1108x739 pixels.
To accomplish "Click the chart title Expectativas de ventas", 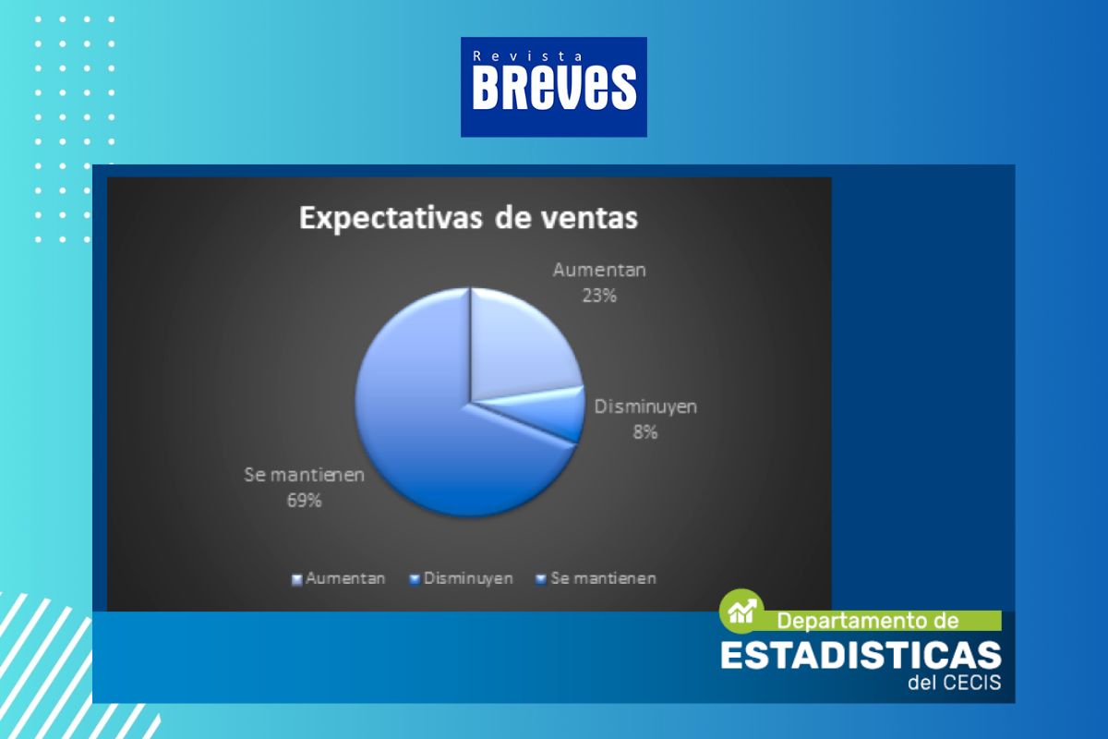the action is tap(468, 218).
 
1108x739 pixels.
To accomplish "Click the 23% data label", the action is tap(599, 296).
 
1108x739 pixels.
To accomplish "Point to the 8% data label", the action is tap(645, 432).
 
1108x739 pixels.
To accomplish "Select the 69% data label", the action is tap(304, 501).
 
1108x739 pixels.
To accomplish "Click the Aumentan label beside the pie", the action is tap(599, 270).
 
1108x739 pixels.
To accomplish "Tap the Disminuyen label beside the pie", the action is tap(645, 406).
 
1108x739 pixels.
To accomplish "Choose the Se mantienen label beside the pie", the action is tap(304, 475).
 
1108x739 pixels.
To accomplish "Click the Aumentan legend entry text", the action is tap(345, 578).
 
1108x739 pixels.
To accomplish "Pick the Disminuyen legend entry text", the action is tap(468, 578).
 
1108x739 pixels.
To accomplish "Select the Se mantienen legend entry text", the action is tap(604, 578).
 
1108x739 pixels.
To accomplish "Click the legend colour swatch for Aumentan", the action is tap(296, 579).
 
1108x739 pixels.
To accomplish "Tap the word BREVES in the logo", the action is tap(554, 88).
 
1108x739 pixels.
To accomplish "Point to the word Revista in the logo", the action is tap(528, 56).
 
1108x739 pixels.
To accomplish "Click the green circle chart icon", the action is tap(741, 612).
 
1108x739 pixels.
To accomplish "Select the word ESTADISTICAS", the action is tap(861, 655).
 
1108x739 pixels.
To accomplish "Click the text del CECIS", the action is tap(955, 683).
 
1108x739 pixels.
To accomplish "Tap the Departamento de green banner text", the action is tap(868, 621).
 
